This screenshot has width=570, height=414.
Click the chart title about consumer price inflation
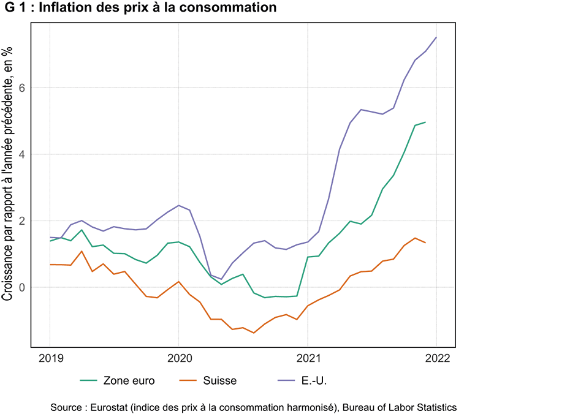(140, 8)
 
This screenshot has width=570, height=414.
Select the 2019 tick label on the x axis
(50, 358)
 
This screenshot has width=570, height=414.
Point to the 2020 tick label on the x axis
(178, 358)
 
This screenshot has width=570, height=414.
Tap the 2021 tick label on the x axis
(307, 358)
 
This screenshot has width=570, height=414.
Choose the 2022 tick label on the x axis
(436, 358)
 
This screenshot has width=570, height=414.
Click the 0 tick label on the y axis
(22, 287)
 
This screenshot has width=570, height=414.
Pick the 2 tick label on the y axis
(22, 221)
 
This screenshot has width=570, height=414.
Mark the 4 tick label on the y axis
(22, 154)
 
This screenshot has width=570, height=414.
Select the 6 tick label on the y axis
(22, 88)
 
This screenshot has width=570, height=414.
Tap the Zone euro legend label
(129, 381)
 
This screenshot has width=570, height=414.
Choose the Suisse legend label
(220, 381)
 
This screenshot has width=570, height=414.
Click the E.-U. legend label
(314, 381)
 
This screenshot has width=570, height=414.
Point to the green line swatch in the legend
(89, 381)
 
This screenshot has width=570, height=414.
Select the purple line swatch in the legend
(286, 381)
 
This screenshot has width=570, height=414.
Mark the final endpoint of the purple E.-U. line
(436, 37)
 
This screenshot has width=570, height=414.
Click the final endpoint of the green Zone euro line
(425, 122)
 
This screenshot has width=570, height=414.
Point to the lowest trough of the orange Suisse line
(254, 333)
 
